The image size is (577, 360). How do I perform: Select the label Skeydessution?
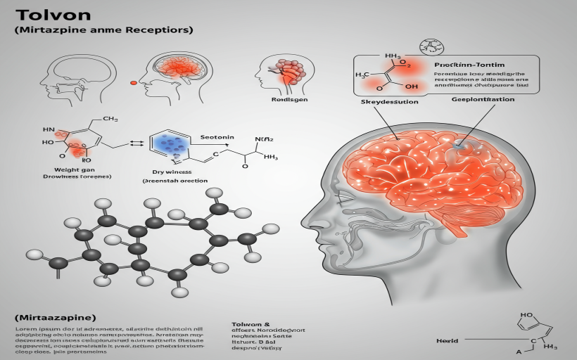pos(389,101)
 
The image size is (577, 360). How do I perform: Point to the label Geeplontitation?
pos(482,100)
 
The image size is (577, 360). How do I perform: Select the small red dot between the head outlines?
pos(134,83)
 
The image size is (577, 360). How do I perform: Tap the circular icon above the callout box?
pos(431,46)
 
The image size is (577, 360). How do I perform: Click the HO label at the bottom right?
pos(526,316)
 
